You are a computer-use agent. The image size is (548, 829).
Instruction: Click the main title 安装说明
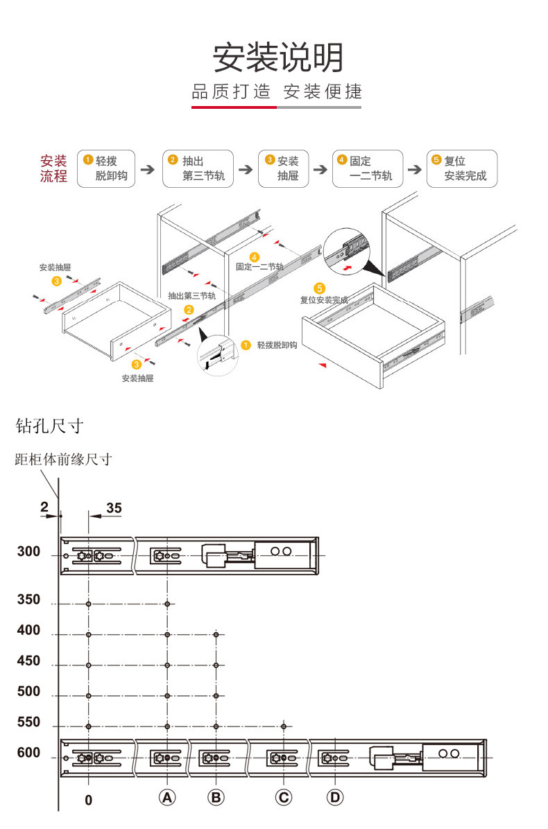coord(277,58)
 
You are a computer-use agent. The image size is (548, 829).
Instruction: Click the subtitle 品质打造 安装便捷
coord(277,91)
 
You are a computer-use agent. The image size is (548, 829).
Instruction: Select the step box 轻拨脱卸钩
coord(106,168)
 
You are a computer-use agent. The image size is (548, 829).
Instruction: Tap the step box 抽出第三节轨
coord(198,168)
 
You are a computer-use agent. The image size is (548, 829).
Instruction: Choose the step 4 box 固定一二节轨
coord(367,168)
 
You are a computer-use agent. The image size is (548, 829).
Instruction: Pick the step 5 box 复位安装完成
coord(461,168)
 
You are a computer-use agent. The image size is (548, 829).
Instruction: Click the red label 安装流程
coord(53,168)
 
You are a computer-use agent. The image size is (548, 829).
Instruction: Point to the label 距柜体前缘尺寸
coord(63,459)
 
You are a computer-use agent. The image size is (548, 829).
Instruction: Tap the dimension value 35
coord(114,508)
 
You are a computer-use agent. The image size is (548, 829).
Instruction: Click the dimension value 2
coord(44,507)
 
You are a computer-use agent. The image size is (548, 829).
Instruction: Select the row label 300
coord(28,552)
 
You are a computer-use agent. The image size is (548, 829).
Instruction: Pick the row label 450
coord(28,661)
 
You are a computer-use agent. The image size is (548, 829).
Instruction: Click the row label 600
coord(28,753)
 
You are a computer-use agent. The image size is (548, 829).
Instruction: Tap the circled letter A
coord(166,798)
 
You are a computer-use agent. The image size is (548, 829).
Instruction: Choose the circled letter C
coord(283,798)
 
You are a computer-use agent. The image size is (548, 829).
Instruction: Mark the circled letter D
coord(335,798)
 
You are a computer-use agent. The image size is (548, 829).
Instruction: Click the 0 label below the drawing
coord(88,800)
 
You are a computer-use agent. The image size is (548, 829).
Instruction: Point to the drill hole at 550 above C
coord(284,726)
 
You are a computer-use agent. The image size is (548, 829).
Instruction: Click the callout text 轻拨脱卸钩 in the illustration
coord(277,344)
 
